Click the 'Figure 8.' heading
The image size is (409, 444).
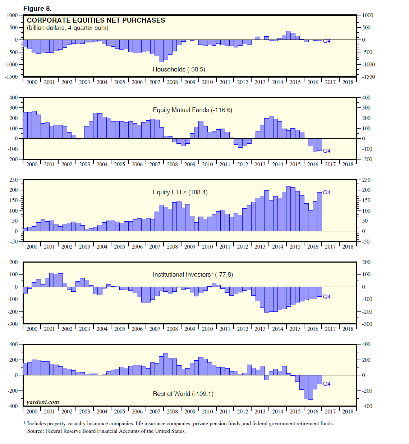tap(37, 8)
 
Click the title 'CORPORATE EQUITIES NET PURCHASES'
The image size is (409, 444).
tap(96, 20)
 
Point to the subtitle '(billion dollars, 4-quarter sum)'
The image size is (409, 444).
tap(68, 28)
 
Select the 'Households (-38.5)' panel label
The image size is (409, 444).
tap(179, 69)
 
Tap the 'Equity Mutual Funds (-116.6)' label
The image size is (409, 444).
tap(193, 110)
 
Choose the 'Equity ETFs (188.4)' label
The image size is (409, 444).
tap(180, 192)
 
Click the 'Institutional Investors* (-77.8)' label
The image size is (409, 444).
tap(193, 274)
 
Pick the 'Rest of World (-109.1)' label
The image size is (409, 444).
tap(183, 394)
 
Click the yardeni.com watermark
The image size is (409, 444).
tap(43, 402)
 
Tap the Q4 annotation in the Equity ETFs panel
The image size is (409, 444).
tap(327, 193)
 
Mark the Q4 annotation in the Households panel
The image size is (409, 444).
tap(327, 41)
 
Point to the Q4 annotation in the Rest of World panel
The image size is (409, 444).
tap(327, 384)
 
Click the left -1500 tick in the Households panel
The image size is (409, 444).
tap(12, 77)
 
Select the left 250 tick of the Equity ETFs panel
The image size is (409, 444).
tap(14, 180)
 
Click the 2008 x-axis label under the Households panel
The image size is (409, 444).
tap(172, 82)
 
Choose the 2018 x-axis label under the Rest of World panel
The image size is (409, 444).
tap(348, 412)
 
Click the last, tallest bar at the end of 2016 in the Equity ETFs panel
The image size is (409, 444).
tap(319, 212)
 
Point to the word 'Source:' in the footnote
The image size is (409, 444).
tap(36, 431)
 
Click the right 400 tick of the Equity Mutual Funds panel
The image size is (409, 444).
tap(366, 98)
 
